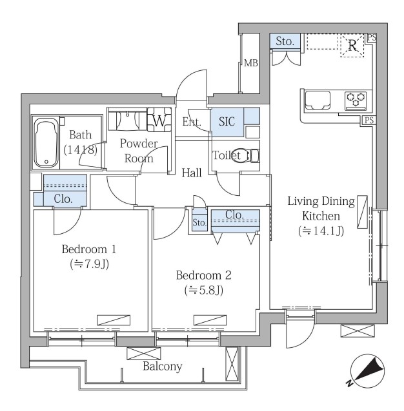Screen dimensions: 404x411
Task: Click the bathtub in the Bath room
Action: pyautogui.click(x=46, y=142)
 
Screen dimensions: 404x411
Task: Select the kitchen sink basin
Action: pyautogui.click(x=318, y=100)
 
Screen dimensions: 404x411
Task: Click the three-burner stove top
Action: pyautogui.click(x=356, y=100)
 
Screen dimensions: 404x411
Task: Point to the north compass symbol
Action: pyautogui.click(x=367, y=371)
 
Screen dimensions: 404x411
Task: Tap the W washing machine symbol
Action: pyautogui.click(x=159, y=120)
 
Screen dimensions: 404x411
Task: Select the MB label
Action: pyautogui.click(x=251, y=63)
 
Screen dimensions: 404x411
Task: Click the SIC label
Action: pyautogui.click(x=227, y=122)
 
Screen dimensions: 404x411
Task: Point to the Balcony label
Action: pyautogui.click(x=163, y=366)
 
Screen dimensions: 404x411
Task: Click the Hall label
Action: pyautogui.click(x=192, y=173)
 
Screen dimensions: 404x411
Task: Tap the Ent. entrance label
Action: pyautogui.click(x=192, y=122)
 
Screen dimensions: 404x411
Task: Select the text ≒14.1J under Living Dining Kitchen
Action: pyautogui.click(x=321, y=231)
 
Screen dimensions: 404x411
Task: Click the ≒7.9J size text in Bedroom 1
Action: pyautogui.click(x=89, y=264)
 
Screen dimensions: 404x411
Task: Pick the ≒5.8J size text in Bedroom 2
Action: pyautogui.click(x=204, y=290)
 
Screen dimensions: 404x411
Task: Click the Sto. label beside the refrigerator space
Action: pyautogui.click(x=285, y=41)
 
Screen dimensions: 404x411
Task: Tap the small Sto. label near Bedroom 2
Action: pyautogui.click(x=199, y=223)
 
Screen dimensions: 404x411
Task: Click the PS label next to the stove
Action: pyautogui.click(x=369, y=120)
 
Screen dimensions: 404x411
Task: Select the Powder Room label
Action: pyautogui.click(x=139, y=151)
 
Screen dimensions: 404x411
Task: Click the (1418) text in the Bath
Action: pyautogui.click(x=81, y=149)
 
